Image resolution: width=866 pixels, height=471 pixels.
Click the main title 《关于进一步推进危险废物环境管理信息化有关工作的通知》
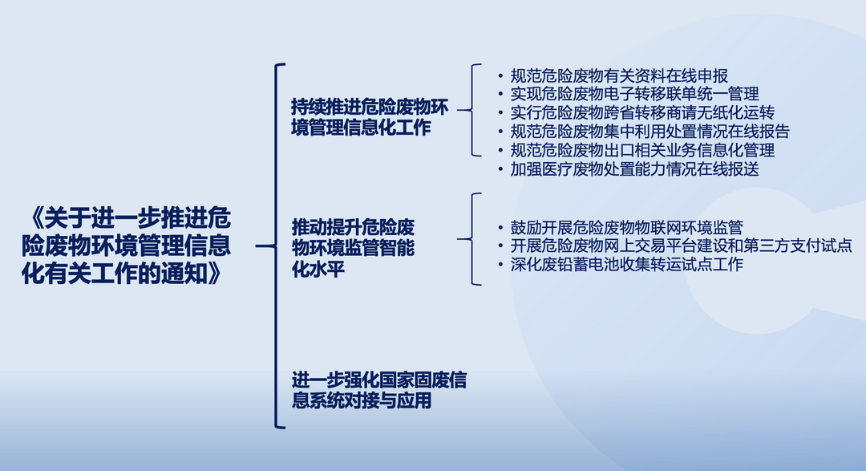coord(127,246)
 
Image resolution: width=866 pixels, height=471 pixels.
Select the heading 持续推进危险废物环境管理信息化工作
coord(370,117)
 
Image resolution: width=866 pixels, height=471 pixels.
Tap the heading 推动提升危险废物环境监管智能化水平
coord(353,248)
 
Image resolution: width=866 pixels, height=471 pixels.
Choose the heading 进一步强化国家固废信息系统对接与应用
coord(378,390)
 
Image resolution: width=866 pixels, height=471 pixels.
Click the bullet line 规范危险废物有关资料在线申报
coord(619,75)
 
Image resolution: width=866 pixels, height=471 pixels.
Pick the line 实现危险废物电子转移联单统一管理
coord(634,94)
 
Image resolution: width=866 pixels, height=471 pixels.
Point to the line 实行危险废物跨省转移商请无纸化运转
coord(642,113)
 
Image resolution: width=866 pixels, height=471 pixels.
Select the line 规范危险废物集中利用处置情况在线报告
coord(650,132)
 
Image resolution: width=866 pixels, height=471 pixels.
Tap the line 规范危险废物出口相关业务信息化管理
coord(642,150)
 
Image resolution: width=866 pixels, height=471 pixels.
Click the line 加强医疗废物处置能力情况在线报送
coord(634,169)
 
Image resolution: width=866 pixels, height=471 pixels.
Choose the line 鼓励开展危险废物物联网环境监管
coord(627,227)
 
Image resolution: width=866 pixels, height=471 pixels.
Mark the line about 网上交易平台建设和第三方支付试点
coord(681,246)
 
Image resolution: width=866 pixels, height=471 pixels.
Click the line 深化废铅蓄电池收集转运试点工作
coord(627,264)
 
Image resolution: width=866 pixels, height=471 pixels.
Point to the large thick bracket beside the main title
coord(276,246)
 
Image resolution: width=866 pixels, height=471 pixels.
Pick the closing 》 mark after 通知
coord(214,273)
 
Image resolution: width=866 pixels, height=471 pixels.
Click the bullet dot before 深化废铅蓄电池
coord(500,265)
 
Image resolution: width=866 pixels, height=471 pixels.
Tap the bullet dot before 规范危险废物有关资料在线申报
coord(500,76)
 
